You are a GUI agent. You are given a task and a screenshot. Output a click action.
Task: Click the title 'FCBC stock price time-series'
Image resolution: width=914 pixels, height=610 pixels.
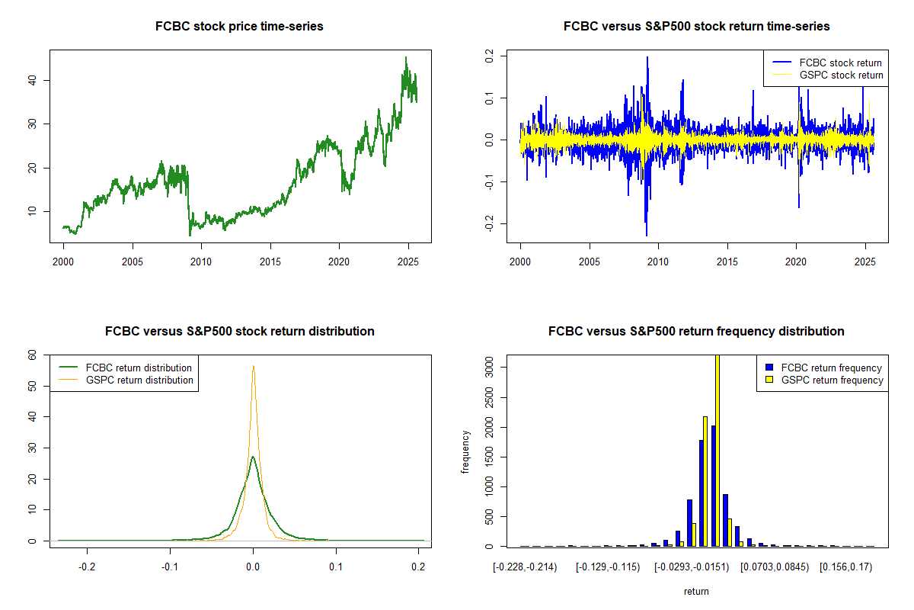coord(239,27)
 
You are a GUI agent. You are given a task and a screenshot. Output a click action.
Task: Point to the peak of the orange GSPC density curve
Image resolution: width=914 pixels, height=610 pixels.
coord(253,366)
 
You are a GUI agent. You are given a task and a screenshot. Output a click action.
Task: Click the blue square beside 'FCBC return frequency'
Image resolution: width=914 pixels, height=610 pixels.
coord(765,368)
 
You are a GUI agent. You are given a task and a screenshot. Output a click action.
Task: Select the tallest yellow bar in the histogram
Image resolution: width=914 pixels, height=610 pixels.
coord(716,450)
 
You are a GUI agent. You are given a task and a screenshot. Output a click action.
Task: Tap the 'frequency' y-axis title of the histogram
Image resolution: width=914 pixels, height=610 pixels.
coord(465,451)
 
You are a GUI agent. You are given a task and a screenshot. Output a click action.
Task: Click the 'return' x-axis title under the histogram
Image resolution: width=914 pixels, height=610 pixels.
coord(696,591)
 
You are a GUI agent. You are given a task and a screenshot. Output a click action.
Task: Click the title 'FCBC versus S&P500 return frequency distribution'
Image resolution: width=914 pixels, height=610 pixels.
coord(696,332)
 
